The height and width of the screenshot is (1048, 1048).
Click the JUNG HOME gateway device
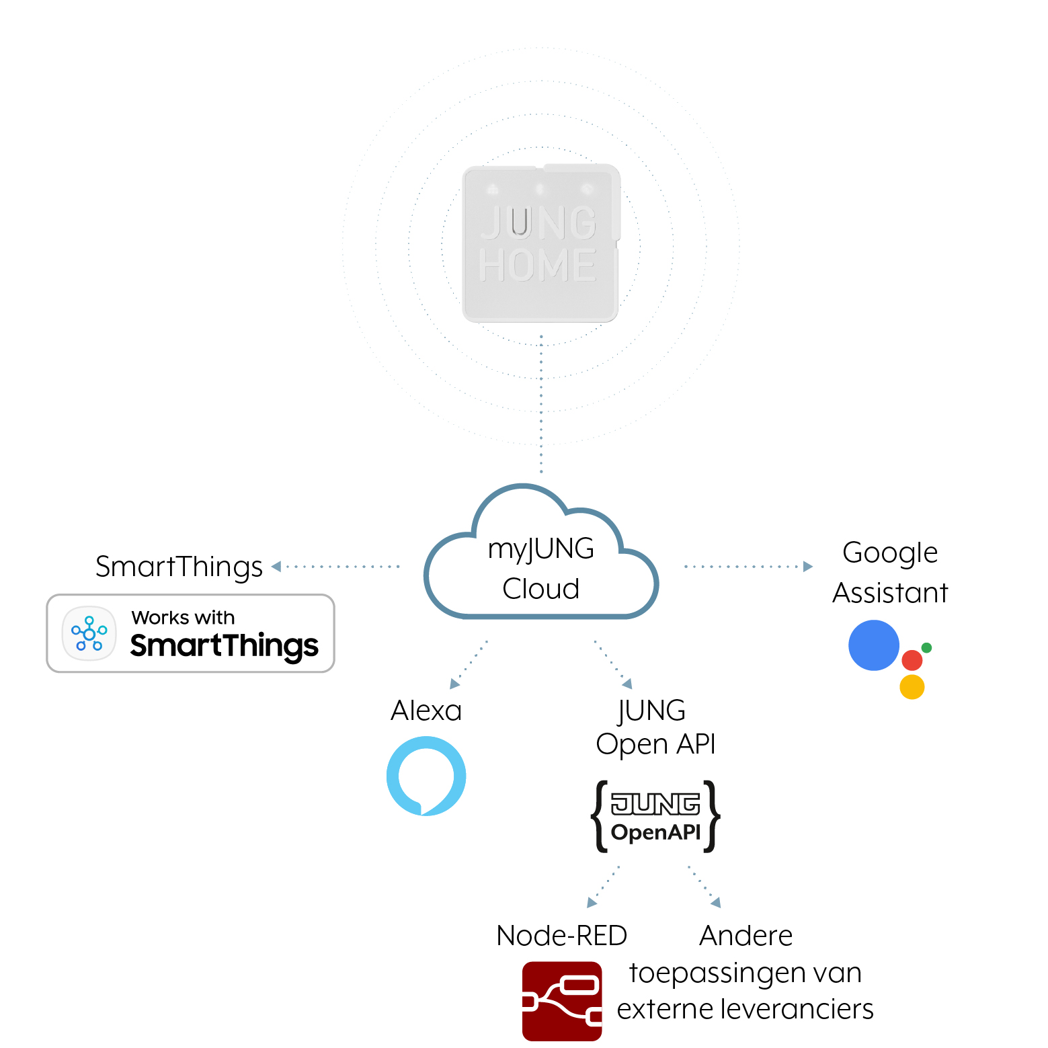point(541,243)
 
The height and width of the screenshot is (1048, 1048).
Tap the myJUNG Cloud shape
point(541,551)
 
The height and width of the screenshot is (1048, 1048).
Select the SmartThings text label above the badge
point(179,567)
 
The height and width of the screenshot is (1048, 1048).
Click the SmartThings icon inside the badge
point(89,633)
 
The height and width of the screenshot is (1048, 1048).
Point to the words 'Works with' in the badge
point(183,617)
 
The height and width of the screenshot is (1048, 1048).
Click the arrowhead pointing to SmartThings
point(276,567)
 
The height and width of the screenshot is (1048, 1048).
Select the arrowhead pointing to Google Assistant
point(808,567)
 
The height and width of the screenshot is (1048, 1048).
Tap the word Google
point(890,553)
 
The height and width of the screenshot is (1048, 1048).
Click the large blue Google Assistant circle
point(874,645)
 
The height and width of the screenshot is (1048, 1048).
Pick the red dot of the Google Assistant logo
point(912,660)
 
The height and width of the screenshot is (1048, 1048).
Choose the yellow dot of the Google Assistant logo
point(912,687)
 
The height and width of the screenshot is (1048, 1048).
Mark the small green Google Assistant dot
point(926,648)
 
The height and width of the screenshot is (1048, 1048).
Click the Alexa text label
point(426,711)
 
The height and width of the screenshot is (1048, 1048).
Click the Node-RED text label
point(562,936)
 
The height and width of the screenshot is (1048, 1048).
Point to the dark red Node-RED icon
point(562,1002)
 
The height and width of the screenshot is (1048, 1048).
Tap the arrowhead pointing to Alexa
point(454,684)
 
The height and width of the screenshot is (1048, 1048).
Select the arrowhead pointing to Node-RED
point(592,903)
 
